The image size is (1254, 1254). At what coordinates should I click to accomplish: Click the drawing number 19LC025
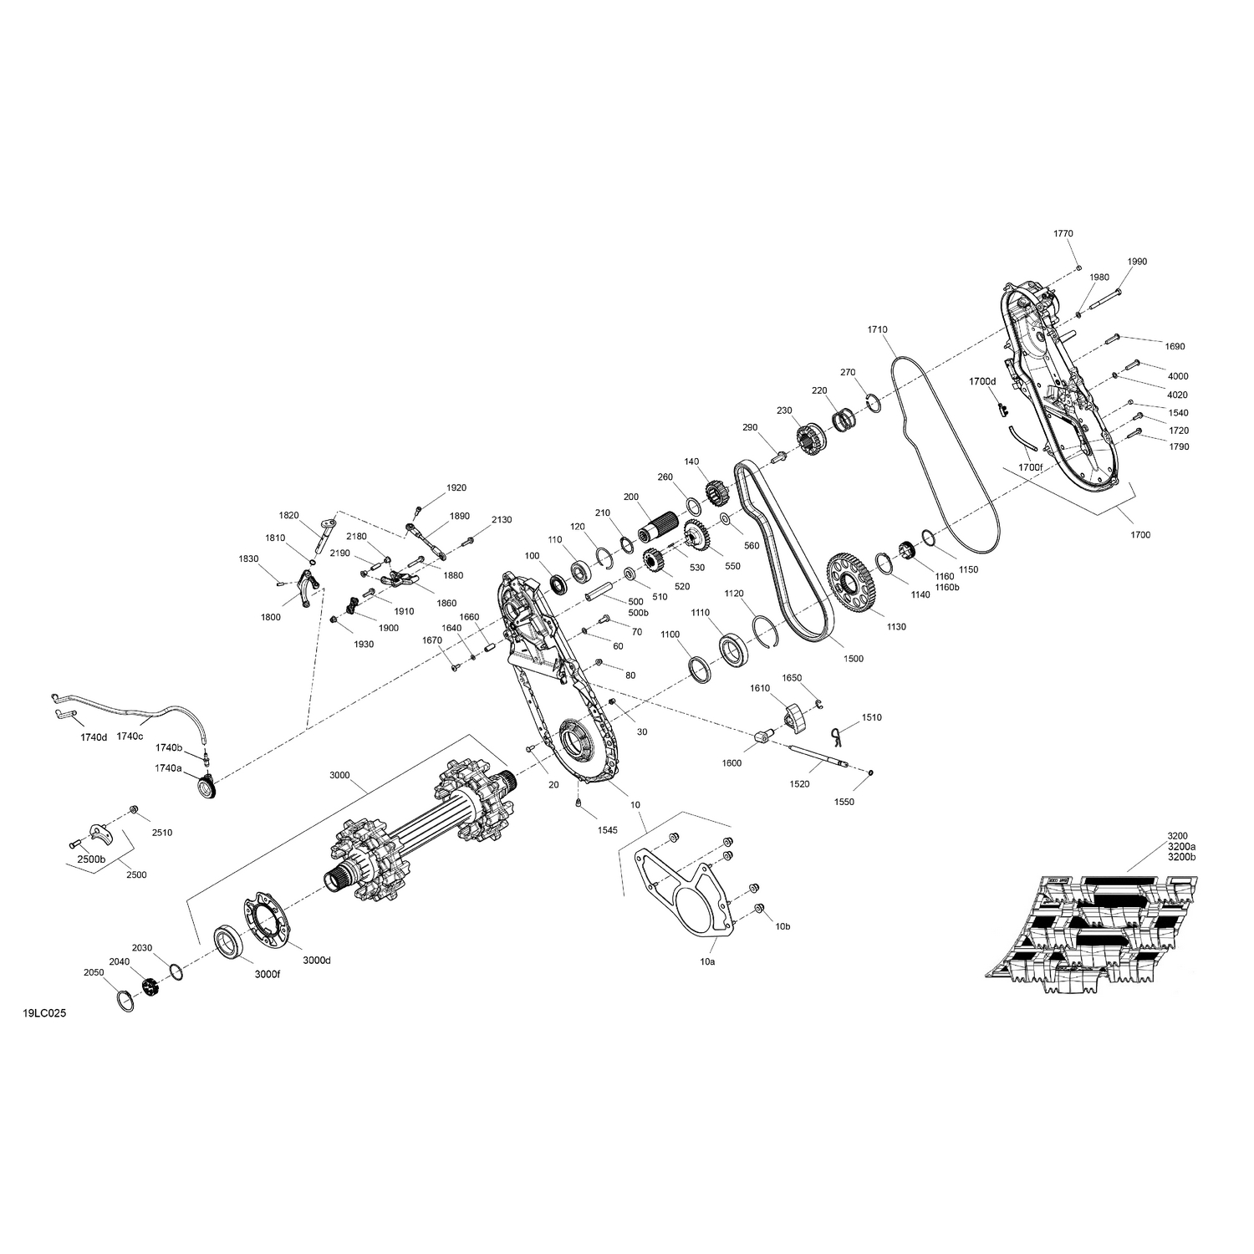(x=44, y=1013)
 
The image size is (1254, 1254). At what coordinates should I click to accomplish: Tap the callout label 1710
(x=878, y=330)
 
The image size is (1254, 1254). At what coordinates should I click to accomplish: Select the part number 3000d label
(x=317, y=961)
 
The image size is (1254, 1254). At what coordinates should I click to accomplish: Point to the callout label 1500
(x=854, y=659)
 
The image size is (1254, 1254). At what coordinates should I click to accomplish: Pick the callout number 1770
(x=1063, y=233)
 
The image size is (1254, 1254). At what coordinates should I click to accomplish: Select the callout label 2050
(x=94, y=973)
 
